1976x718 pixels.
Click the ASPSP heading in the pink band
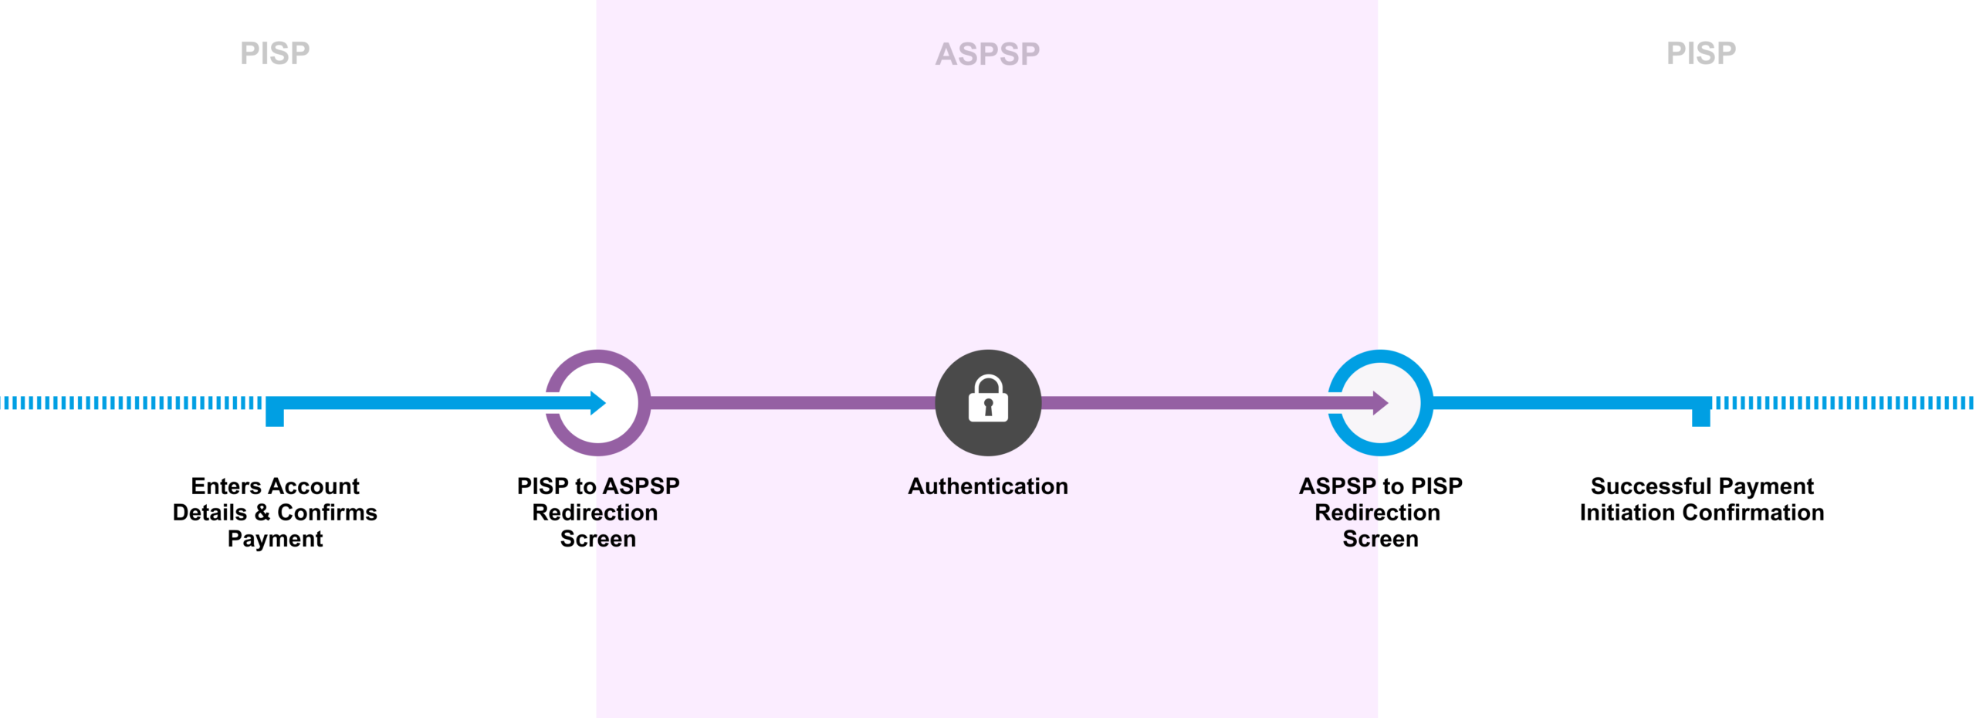tap(987, 54)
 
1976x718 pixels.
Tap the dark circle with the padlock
tap(988, 402)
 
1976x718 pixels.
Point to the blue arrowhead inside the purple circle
tap(597, 402)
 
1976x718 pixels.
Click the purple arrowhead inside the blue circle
tap(1380, 402)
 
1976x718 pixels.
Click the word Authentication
tap(988, 486)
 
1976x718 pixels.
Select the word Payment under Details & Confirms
tap(275, 539)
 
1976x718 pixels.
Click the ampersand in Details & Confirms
tap(262, 513)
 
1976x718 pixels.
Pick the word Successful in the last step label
tap(1651, 486)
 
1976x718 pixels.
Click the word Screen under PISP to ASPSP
tap(598, 539)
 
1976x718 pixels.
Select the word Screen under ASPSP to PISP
tap(1380, 539)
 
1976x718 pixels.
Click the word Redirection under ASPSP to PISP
tap(1377, 513)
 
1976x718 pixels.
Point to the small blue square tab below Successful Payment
tap(1701, 417)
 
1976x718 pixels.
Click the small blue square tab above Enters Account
tap(275, 417)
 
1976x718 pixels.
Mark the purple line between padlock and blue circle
tap(1181, 402)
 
